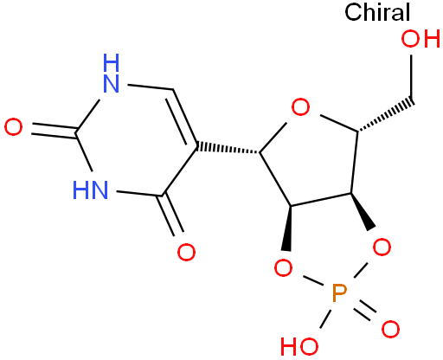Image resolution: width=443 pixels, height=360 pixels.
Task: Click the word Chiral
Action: click(x=377, y=12)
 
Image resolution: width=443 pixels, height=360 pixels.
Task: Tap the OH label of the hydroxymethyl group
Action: click(x=421, y=39)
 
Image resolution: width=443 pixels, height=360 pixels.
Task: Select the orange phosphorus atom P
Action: click(x=339, y=292)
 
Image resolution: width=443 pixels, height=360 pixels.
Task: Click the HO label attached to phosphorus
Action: click(x=299, y=346)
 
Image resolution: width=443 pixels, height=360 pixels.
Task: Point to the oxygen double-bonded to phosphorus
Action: click(x=390, y=329)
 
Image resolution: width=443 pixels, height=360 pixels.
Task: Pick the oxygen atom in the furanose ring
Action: click(x=300, y=107)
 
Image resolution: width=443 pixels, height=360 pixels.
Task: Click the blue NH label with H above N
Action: click(x=111, y=73)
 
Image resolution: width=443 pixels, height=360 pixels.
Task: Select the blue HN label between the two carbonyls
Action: click(x=90, y=190)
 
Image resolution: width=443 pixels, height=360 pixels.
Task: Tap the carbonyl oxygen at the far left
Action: click(x=13, y=127)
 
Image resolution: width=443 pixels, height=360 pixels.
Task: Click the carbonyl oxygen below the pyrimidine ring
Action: click(x=186, y=252)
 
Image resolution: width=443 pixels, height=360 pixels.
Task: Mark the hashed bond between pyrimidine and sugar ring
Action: click(x=228, y=148)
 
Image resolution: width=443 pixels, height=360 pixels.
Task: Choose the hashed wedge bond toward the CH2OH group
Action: click(x=386, y=116)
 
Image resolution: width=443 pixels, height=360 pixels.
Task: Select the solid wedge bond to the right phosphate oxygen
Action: click(x=363, y=211)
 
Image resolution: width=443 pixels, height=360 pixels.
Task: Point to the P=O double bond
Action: click(x=364, y=311)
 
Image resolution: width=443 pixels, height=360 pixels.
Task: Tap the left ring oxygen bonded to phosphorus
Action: click(x=283, y=268)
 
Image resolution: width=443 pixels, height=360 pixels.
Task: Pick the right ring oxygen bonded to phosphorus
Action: click(x=382, y=247)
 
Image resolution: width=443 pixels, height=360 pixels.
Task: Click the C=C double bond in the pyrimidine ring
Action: click(x=182, y=118)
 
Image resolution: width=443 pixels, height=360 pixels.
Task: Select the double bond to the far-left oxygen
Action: click(x=54, y=130)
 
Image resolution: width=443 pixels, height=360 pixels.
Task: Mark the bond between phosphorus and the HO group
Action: click(x=325, y=318)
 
